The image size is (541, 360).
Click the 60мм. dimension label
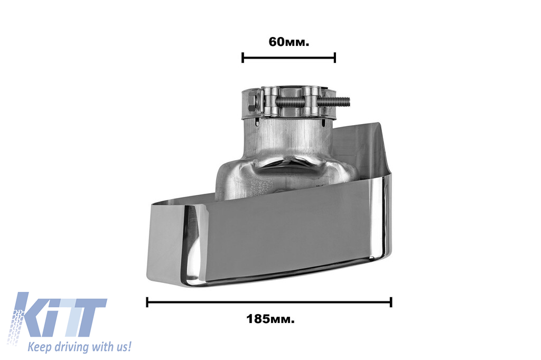pos(289,42)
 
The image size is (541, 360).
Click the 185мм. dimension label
pos(270,319)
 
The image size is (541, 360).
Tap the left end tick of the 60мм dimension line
pos(243,58)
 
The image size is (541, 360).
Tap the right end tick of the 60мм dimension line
pos(334,58)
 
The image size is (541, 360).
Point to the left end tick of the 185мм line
pos(147,302)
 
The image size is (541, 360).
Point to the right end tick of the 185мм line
pos(391,302)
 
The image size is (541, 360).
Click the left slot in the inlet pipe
pos(257,122)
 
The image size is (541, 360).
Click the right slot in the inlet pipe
pos(323,123)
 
